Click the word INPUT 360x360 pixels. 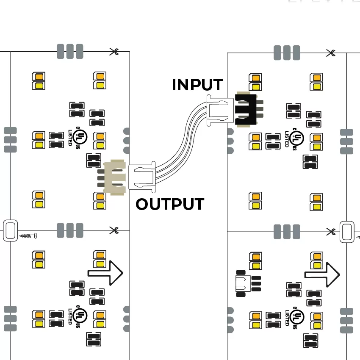[x=197, y=85]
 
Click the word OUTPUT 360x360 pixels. [x=170, y=204]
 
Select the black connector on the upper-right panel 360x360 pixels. [x=246, y=109]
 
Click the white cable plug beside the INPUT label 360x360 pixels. [x=220, y=110]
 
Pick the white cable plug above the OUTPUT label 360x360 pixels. [x=142, y=177]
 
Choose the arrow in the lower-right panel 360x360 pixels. [x=322, y=274]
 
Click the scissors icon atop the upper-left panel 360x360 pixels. [x=114, y=52]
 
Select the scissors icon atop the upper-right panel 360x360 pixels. [x=331, y=53]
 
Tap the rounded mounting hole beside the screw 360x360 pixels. [x=10, y=230]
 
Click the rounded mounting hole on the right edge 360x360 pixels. [x=346, y=231]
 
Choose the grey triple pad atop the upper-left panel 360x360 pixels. [x=70, y=51]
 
